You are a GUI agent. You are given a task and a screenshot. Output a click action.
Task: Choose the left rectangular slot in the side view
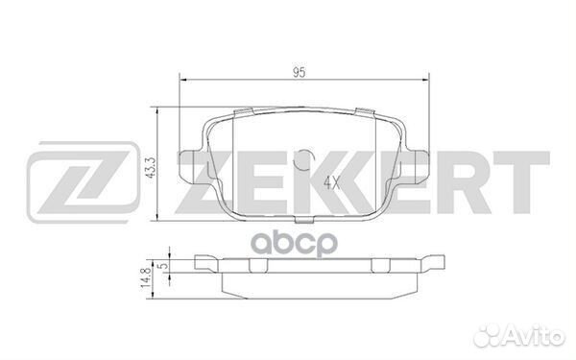(x=229, y=260)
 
